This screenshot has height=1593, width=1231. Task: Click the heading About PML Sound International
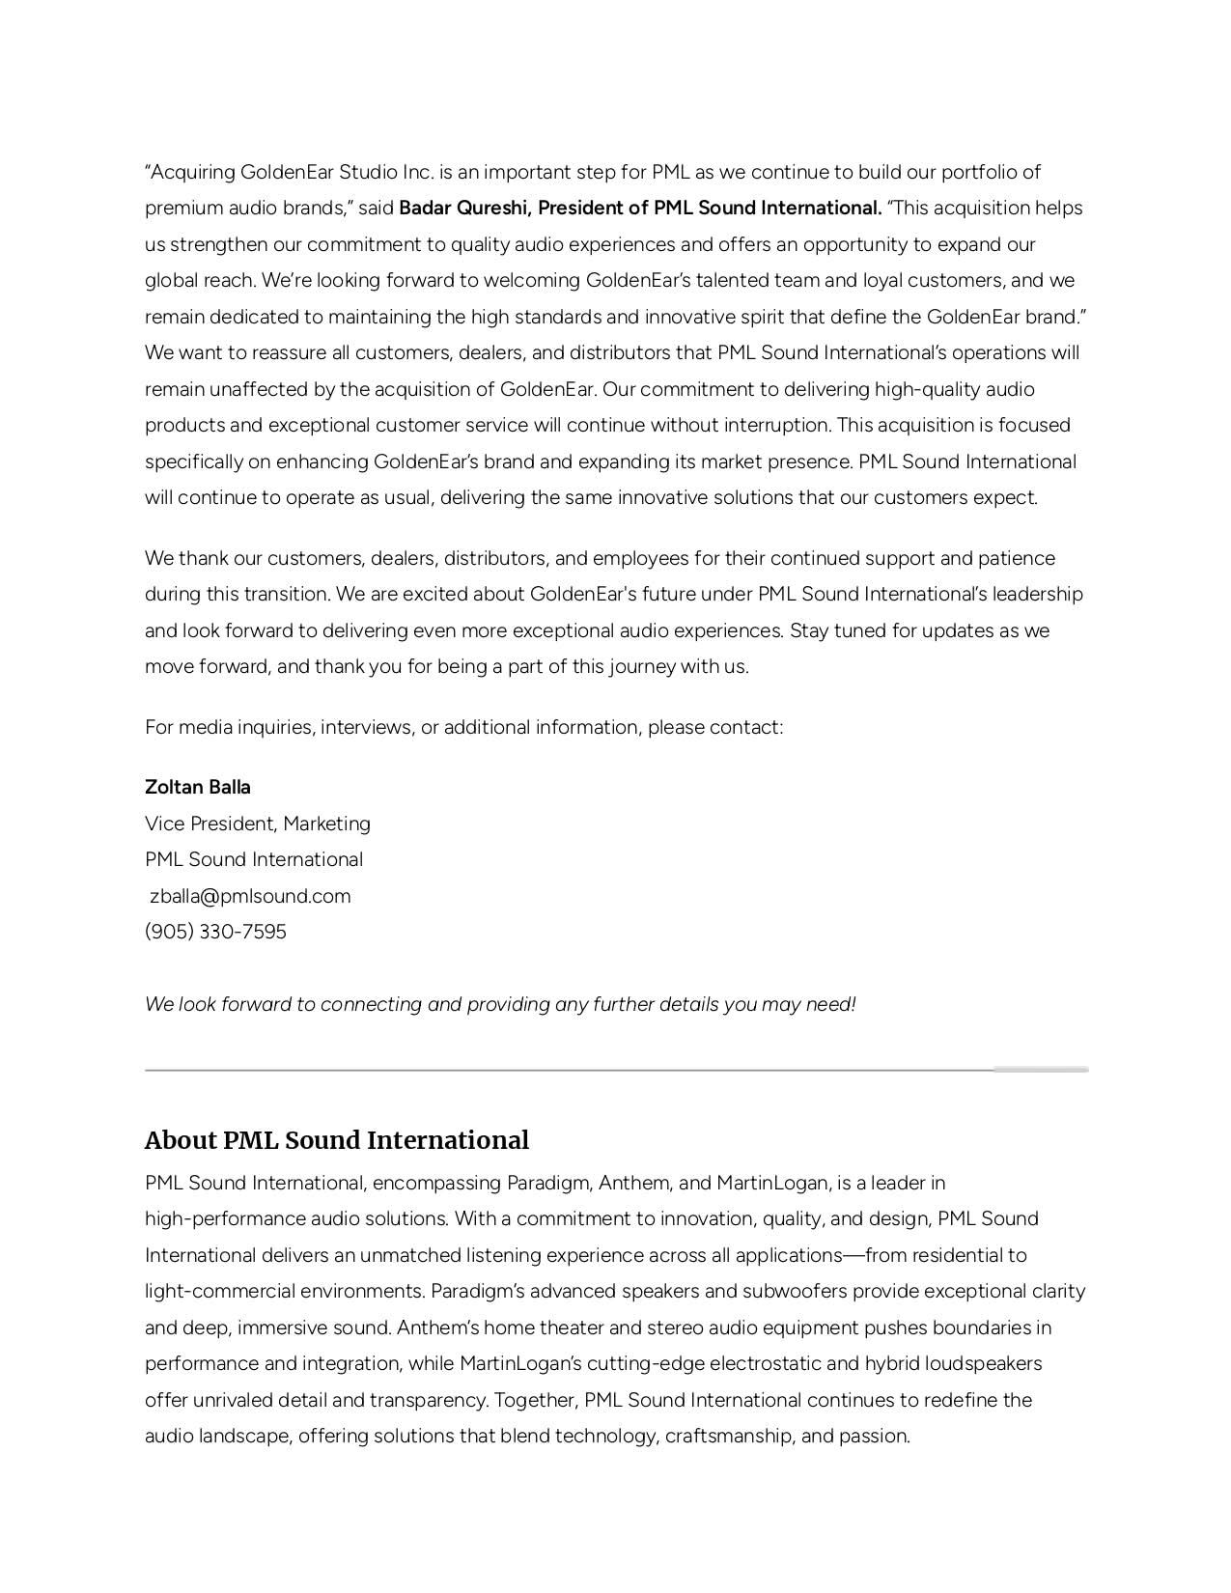[x=336, y=1140]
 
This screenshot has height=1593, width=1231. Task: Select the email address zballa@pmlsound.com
[x=250, y=896]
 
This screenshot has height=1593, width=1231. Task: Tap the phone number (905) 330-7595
[x=215, y=932]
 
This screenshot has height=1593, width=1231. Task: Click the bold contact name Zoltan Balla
[x=198, y=787]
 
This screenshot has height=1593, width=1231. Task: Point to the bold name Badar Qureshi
[x=463, y=208]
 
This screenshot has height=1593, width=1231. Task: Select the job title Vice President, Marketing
[x=258, y=824]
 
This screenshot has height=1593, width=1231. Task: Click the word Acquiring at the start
[x=192, y=172]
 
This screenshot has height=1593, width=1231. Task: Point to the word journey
[x=642, y=666]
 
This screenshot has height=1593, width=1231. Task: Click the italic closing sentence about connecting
[x=500, y=1004]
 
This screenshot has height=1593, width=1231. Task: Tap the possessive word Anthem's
[x=433, y=1327]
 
